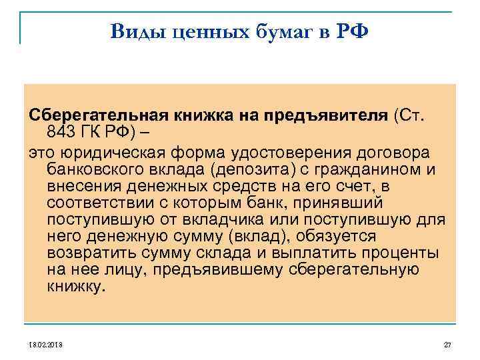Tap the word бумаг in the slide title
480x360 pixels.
[285, 31]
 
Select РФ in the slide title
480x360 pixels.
[353, 31]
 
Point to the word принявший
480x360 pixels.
[345, 202]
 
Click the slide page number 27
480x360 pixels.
[447, 344]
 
